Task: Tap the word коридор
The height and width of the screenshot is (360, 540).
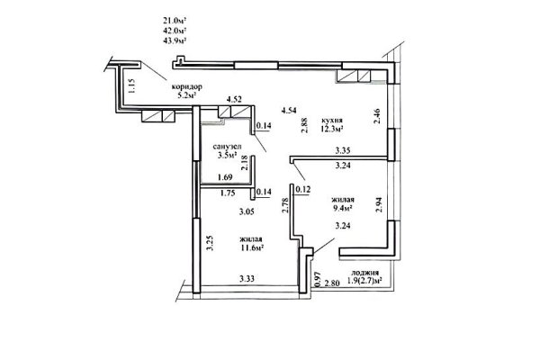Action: tap(185, 85)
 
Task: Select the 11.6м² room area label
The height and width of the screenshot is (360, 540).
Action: tap(254, 249)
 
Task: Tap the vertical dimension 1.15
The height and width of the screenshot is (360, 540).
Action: tap(131, 87)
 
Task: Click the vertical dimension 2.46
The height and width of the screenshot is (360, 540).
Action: tap(378, 115)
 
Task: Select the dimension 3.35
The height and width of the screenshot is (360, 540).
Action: tap(342, 152)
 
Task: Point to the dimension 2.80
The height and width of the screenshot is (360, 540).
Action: tap(333, 283)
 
